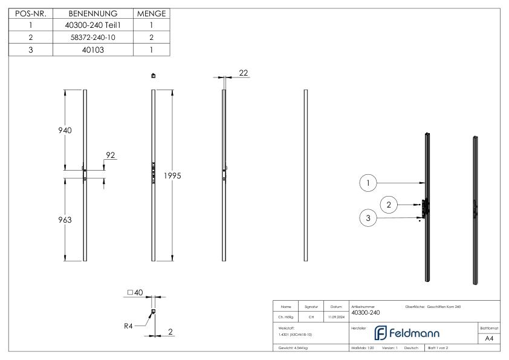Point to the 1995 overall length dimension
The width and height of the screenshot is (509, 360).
coord(172,175)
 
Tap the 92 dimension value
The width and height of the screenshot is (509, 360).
coord(111,155)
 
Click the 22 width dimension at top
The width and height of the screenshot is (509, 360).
coord(244,73)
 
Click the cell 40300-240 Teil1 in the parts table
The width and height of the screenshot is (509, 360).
coord(93,25)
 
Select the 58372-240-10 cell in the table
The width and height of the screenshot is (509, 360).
coord(93,38)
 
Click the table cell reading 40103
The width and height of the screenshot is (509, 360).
coord(93,50)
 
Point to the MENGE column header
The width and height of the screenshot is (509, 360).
coord(152,13)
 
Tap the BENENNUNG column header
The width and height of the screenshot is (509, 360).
coord(93,13)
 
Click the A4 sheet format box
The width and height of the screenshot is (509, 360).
coord(490,339)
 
